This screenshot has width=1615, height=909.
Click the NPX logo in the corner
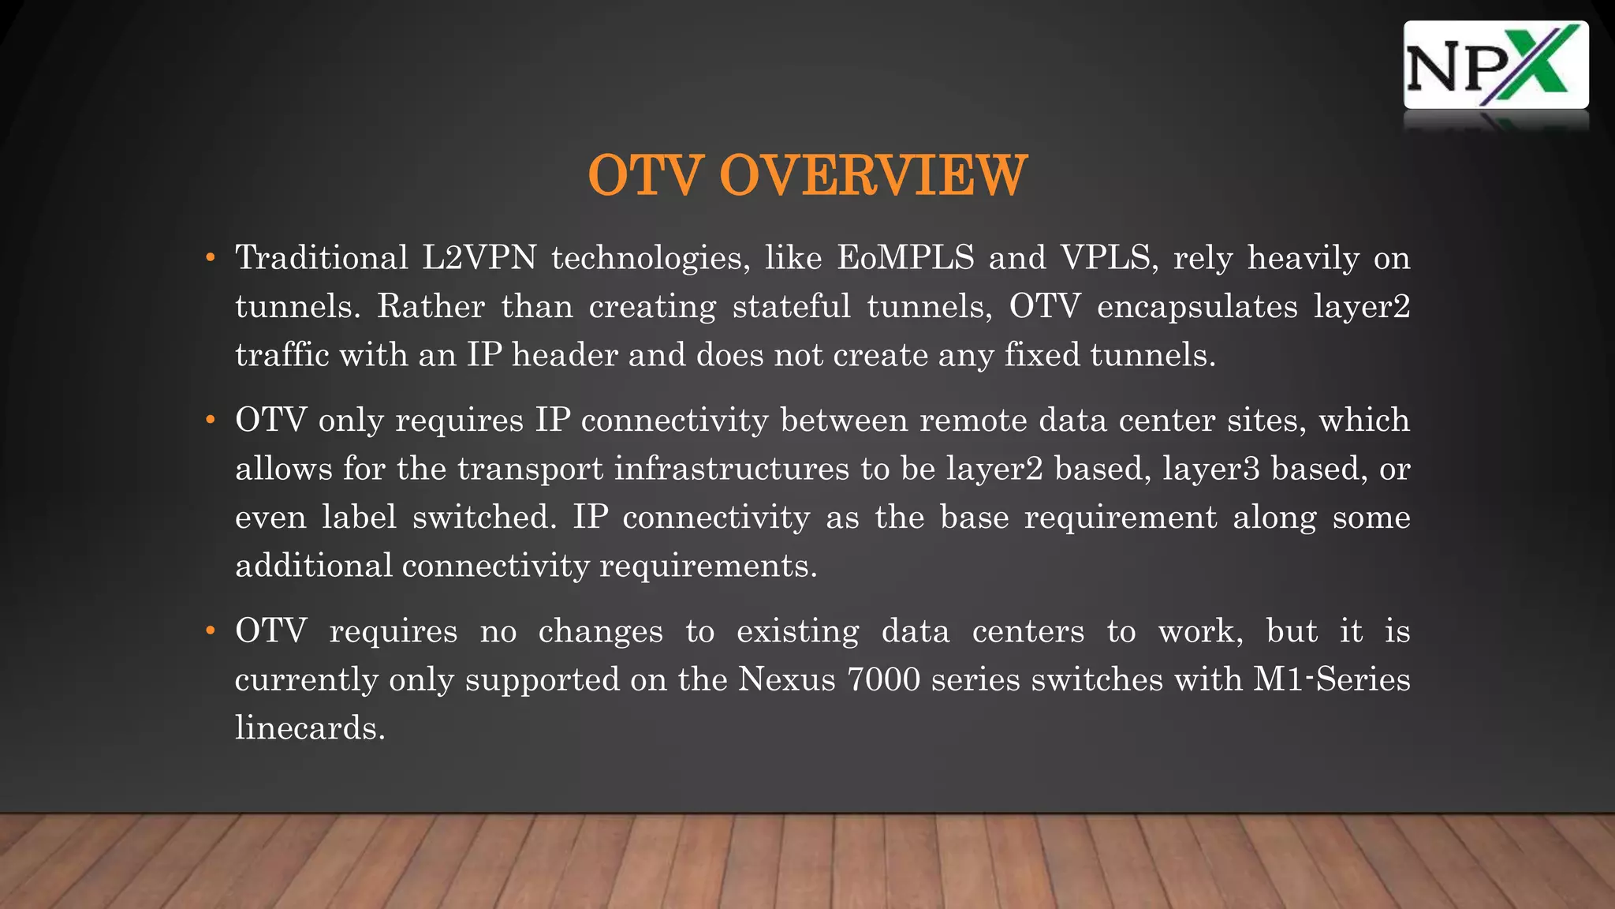pos(1495,65)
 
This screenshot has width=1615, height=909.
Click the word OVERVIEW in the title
pos(873,175)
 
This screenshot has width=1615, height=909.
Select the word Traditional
pos(322,258)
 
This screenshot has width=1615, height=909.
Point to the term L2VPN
pos(479,258)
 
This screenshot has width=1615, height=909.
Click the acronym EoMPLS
pos(905,258)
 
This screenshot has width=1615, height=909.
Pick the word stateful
pos(792,307)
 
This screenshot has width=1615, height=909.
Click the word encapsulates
pos(1196,307)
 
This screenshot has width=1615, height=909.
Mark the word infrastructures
pos(732,469)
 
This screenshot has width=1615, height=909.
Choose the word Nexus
pos(786,679)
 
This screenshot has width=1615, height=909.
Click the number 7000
pos(883,679)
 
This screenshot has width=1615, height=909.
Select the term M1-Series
pos(1331,679)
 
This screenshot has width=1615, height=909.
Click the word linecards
pos(310,728)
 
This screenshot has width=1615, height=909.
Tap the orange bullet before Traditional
pos(210,258)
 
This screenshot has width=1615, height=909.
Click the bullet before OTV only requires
pos(210,421)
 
